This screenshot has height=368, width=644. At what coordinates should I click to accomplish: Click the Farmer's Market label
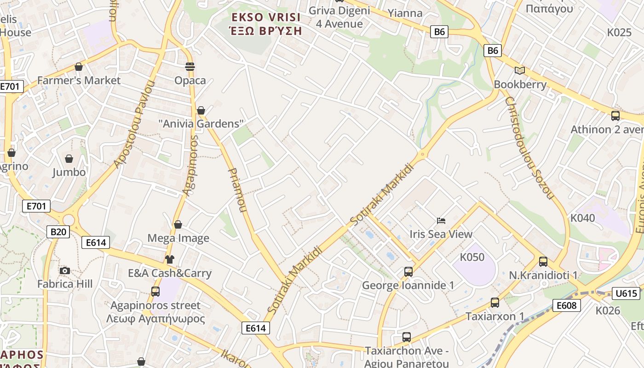(x=79, y=80)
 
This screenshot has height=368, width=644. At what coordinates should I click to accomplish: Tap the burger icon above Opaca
(x=190, y=67)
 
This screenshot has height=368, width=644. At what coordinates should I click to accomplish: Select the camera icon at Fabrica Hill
(x=65, y=270)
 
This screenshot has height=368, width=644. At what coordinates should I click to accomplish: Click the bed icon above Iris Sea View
(x=441, y=221)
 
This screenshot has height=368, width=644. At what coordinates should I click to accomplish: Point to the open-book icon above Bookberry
(x=520, y=70)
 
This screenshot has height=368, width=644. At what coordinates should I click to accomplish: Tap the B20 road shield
(x=58, y=231)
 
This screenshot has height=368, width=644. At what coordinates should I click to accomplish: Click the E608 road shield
(x=567, y=305)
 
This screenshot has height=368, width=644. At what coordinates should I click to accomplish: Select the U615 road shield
(x=626, y=293)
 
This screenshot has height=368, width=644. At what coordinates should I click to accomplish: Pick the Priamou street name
(x=237, y=190)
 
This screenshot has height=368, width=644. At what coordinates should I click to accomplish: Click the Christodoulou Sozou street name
(x=529, y=148)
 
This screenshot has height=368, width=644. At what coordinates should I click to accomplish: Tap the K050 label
(x=472, y=257)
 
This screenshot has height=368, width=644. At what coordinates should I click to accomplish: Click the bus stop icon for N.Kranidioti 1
(x=543, y=262)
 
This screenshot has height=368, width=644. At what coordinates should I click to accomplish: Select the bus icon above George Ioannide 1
(x=408, y=272)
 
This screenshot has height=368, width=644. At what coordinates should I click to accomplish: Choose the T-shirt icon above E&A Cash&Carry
(x=170, y=259)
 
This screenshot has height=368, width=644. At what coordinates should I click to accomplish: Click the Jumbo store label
(x=69, y=172)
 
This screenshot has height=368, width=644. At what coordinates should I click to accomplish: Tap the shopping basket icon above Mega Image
(x=178, y=224)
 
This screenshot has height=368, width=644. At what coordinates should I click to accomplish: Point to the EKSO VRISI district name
(x=266, y=17)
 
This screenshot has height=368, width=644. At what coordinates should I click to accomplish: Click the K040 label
(x=582, y=218)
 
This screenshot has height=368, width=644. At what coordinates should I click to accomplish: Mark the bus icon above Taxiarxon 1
(x=495, y=303)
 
